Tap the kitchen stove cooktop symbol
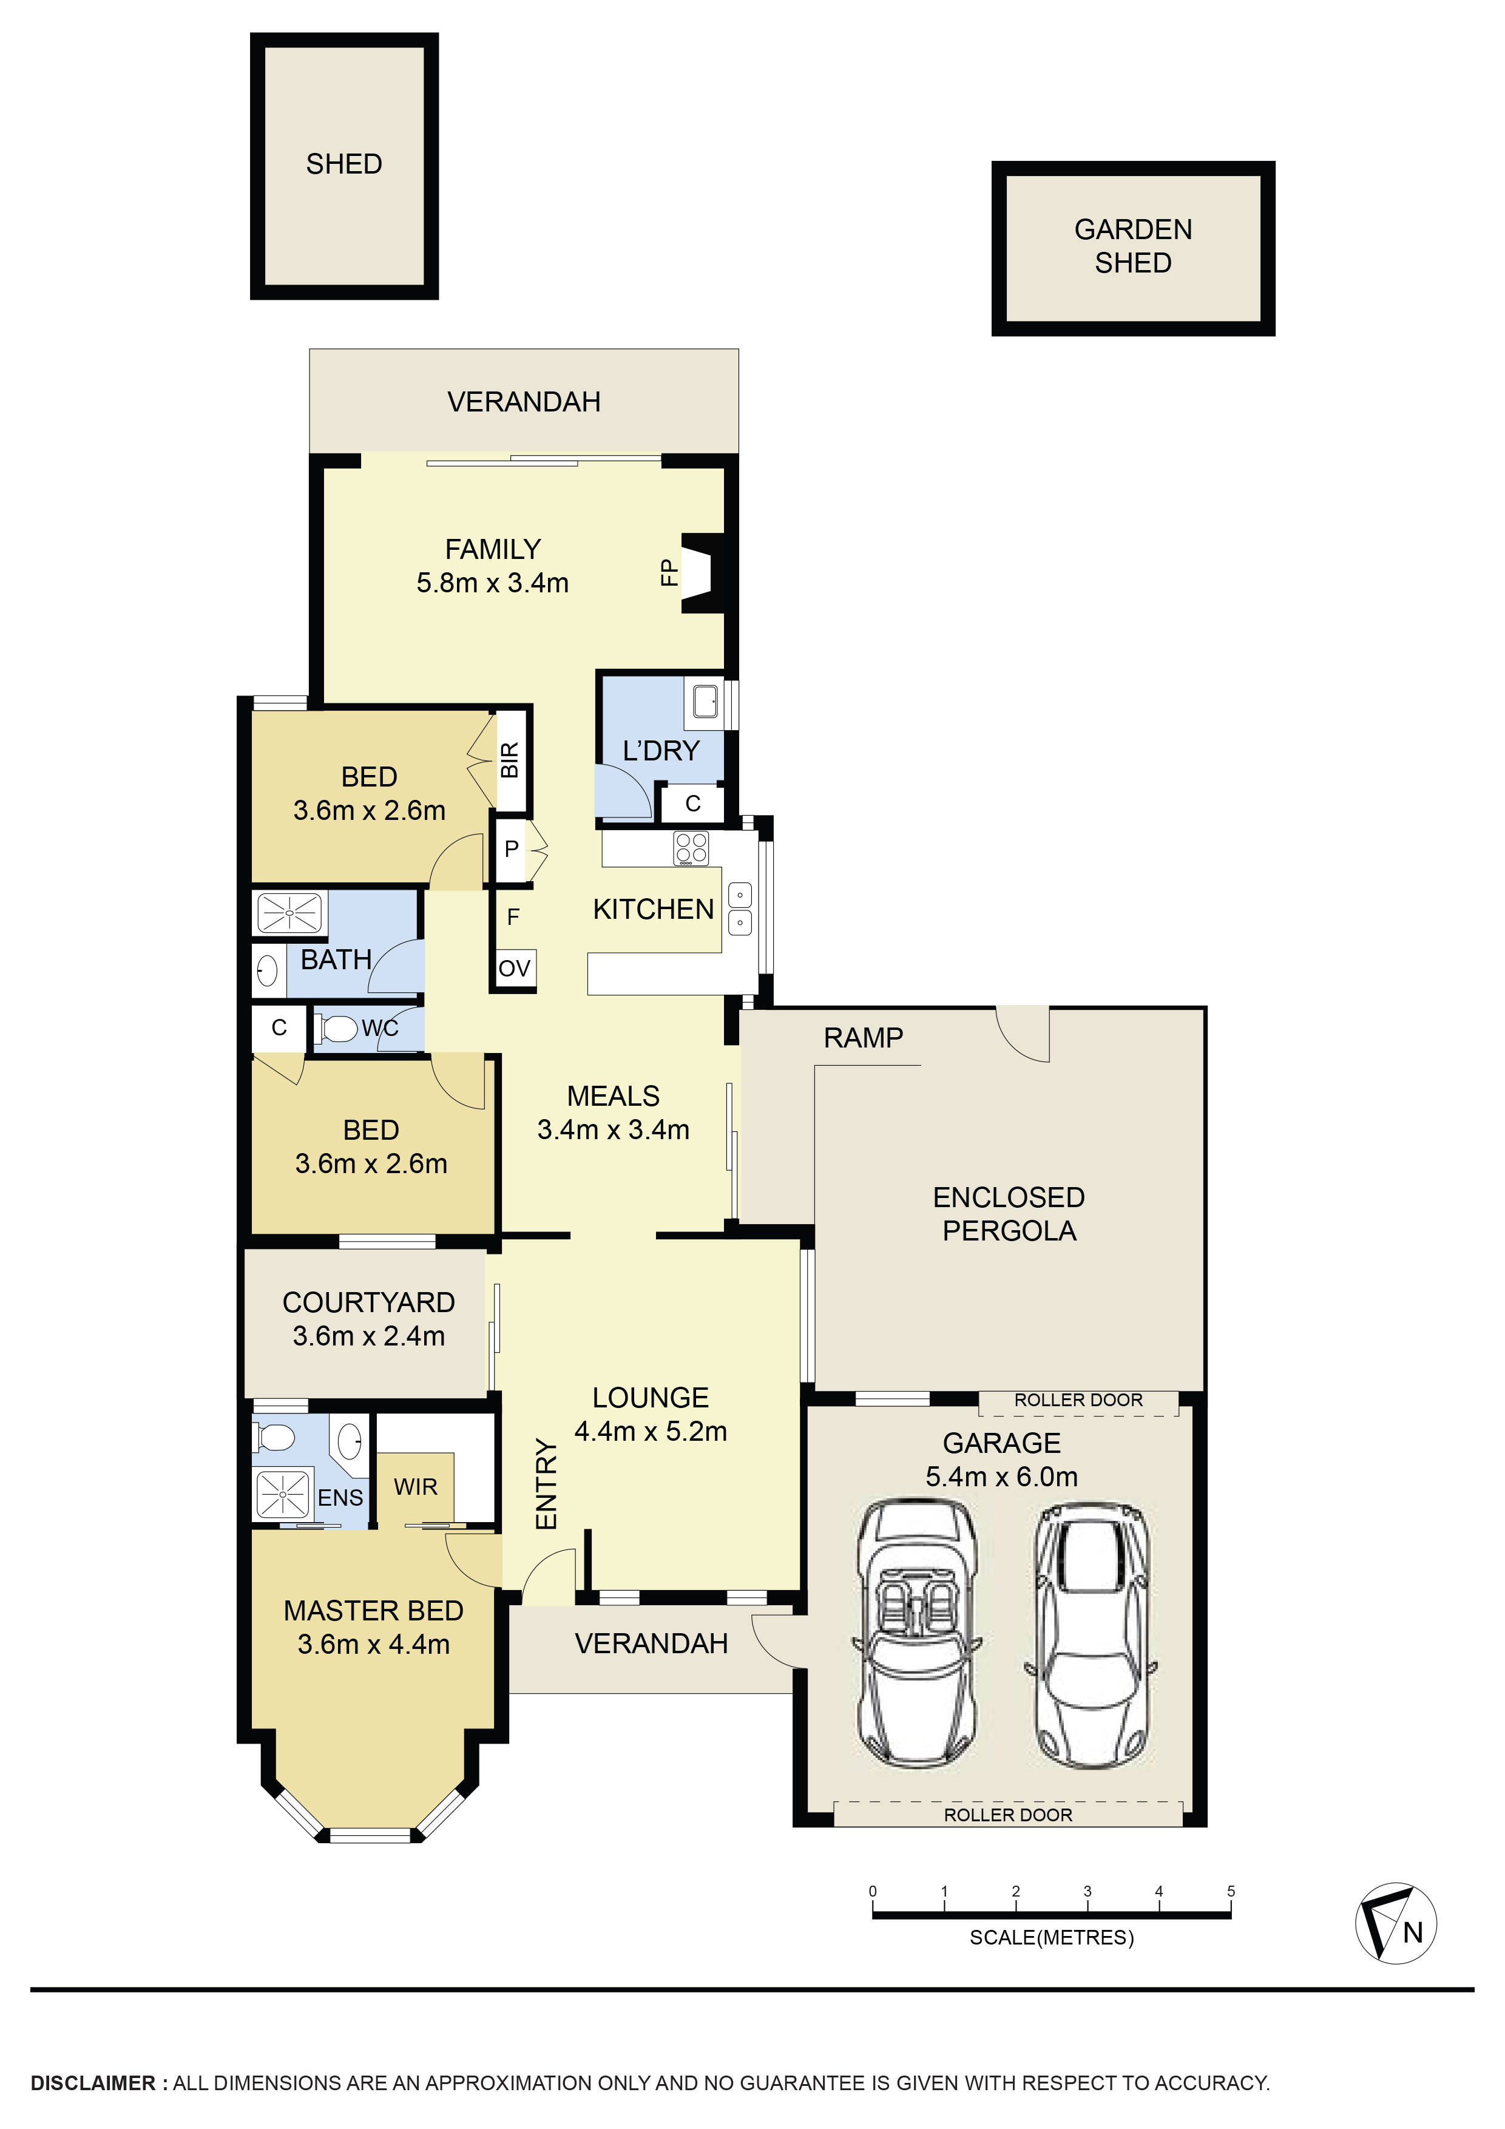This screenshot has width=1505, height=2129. pyautogui.click(x=691, y=847)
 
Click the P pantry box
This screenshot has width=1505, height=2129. pyautogui.click(x=511, y=848)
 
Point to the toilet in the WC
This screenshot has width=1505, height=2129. pyautogui.click(x=339, y=1028)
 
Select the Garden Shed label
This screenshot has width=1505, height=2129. pyautogui.click(x=1132, y=246)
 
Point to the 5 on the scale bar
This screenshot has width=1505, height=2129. pyautogui.click(x=1231, y=1890)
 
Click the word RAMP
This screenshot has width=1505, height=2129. pyautogui.click(x=862, y=1038)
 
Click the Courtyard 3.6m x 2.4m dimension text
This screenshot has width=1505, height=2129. pyautogui.click(x=368, y=1336)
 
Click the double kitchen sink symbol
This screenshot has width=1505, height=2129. pyautogui.click(x=739, y=909)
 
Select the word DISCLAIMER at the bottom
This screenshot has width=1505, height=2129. pyautogui.click(x=93, y=2083)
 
